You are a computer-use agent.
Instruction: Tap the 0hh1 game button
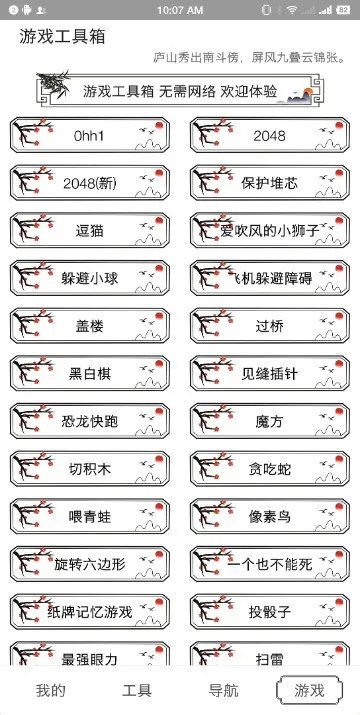pyautogui.click(x=90, y=135)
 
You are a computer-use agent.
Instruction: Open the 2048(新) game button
pyautogui.click(x=90, y=183)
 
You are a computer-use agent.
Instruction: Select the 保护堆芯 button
pyautogui.click(x=269, y=183)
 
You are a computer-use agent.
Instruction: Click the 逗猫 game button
pyautogui.click(x=90, y=231)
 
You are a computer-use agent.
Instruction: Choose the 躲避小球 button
pyautogui.click(x=90, y=279)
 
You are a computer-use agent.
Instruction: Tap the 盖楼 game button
pyautogui.click(x=90, y=326)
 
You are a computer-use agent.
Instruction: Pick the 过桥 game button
pyautogui.click(x=269, y=326)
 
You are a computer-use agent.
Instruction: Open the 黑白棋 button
pyautogui.click(x=90, y=374)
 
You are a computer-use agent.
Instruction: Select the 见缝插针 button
pyautogui.click(x=269, y=374)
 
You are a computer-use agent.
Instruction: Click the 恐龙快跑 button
pyautogui.click(x=90, y=422)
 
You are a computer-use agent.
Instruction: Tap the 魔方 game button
pyautogui.click(x=269, y=422)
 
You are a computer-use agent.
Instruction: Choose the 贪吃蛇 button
pyautogui.click(x=269, y=469)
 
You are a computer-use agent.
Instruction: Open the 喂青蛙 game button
pyautogui.click(x=90, y=517)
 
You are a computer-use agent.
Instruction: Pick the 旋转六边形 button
pyautogui.click(x=90, y=564)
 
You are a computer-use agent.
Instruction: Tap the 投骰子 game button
pyautogui.click(x=269, y=612)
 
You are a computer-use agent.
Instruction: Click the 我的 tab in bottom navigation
pyautogui.click(x=51, y=690)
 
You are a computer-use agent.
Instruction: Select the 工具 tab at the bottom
pyautogui.click(x=137, y=690)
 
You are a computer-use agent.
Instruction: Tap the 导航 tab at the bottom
pyautogui.click(x=223, y=690)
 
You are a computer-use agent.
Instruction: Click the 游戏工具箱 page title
pyautogui.click(x=63, y=37)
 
